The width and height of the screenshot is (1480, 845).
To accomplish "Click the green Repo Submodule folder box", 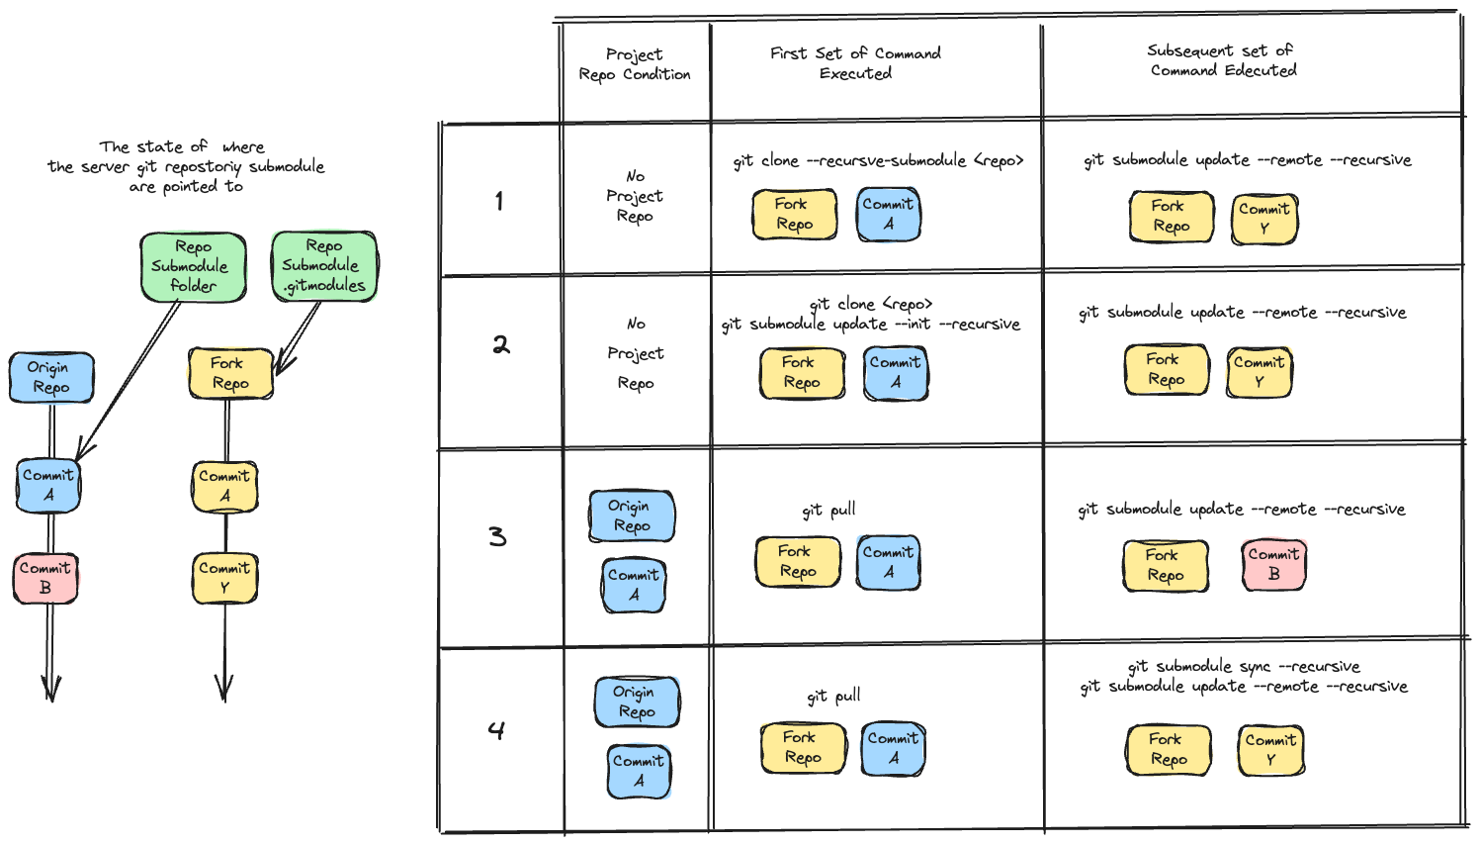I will pos(192,266).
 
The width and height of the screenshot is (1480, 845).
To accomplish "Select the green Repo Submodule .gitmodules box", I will pos(324,265).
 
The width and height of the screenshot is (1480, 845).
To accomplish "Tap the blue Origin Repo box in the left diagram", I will pos(50,377).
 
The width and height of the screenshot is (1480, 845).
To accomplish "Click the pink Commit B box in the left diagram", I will pos(45,578).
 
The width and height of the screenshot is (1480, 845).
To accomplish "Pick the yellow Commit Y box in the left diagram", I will pos(224,578).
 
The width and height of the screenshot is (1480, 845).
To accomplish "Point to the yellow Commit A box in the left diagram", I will pos(224,485).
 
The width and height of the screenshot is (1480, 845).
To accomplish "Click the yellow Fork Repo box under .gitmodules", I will pos(229,373).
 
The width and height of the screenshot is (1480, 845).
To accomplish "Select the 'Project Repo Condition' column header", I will pos(635,64).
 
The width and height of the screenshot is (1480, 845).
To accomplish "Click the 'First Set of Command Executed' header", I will pos(856,62).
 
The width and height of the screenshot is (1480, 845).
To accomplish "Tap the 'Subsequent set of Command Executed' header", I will pos(1222,60).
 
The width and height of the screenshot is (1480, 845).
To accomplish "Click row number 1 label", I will pos(499,201).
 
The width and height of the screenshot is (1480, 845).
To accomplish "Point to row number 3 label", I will pos(497,536).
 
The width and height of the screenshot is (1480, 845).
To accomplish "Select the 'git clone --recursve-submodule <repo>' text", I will pos(878,160).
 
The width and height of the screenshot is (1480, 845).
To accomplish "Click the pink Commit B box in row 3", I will pos(1273,564).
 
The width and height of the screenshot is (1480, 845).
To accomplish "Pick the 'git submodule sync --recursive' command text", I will pos(1244,666).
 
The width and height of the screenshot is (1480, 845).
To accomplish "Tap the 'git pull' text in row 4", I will pos(833,696).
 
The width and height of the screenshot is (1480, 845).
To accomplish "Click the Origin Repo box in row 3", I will pos(631,516).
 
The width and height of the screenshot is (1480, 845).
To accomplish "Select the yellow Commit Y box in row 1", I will pos(1263,219).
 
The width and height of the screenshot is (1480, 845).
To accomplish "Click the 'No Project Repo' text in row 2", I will pos(636,353).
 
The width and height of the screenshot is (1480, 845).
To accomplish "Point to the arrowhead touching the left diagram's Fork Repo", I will pos(283,366).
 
